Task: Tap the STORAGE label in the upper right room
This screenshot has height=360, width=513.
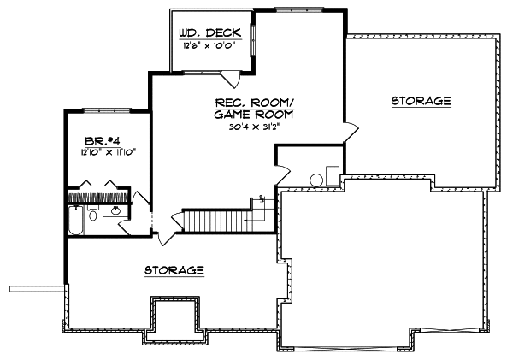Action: [x=421, y=101]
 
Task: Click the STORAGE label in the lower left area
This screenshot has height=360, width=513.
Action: [x=174, y=270]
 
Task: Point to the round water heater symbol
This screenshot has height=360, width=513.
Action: [x=315, y=180]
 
